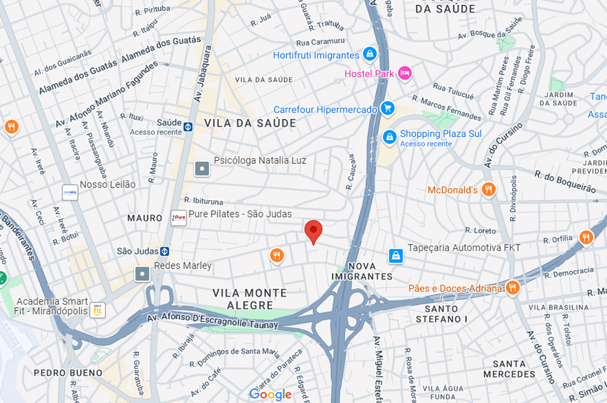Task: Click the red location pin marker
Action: [x=313, y=231]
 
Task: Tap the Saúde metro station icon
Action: [x=188, y=127]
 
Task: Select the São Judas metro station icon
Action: [x=164, y=251]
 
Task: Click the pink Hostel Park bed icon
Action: [x=405, y=73]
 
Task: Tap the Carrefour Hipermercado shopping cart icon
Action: [x=388, y=108]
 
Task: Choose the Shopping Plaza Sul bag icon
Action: [x=389, y=137]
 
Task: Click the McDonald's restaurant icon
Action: [x=488, y=189]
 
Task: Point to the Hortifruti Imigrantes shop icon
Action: [x=370, y=54]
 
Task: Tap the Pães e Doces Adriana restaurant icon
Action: [x=512, y=288]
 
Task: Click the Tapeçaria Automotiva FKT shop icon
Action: [x=396, y=256]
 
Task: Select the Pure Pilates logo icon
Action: [x=179, y=218]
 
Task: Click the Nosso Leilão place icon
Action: [x=70, y=192]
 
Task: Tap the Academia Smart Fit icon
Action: [x=97, y=310]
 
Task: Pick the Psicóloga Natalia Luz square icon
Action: [x=202, y=169]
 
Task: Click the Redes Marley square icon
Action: [x=142, y=274]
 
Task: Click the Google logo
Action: [x=270, y=394]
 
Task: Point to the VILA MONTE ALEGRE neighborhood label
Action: [x=249, y=299]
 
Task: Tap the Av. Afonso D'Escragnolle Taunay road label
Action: [x=212, y=320]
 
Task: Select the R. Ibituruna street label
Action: [x=204, y=201]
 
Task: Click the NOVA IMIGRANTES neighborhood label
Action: [x=362, y=271]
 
